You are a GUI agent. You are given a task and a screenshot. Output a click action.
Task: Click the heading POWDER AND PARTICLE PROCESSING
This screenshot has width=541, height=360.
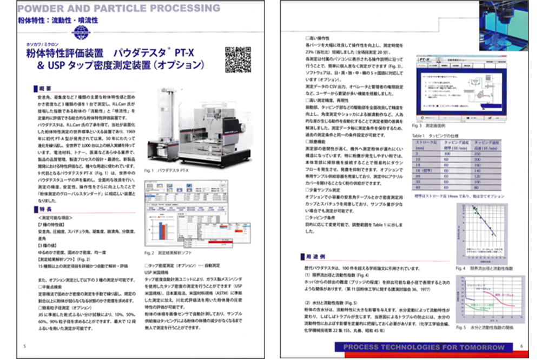(x=118, y=8)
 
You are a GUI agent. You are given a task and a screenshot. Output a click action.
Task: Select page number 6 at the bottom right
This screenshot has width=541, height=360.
(x=521, y=346)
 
